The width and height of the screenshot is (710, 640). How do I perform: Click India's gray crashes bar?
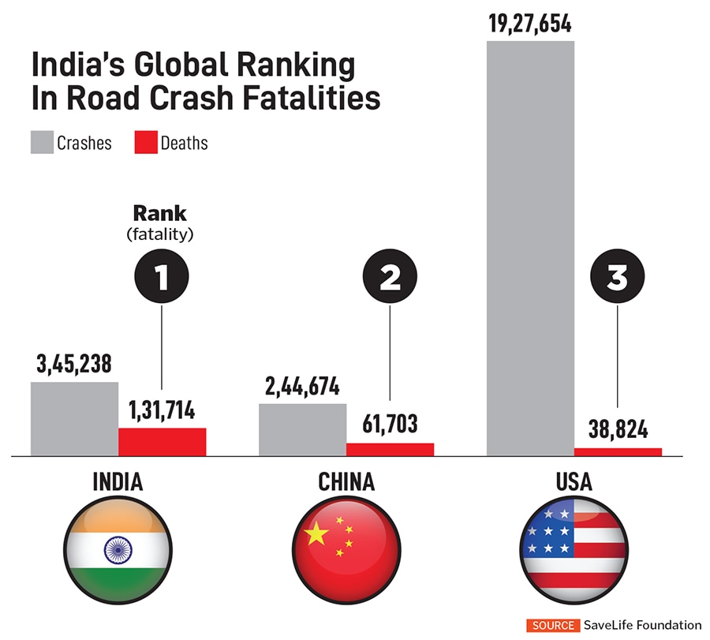click(74, 419)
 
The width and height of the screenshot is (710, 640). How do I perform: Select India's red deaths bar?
click(162, 442)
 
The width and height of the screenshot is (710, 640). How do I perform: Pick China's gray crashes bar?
click(302, 430)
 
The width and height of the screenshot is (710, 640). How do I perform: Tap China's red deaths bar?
click(390, 449)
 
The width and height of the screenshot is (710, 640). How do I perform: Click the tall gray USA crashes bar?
click(530, 248)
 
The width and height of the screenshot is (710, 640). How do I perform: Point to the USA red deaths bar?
click(618, 451)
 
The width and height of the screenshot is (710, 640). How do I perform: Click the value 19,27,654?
click(529, 23)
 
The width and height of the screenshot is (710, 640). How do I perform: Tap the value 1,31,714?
click(162, 412)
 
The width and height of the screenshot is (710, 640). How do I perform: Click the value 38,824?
click(618, 431)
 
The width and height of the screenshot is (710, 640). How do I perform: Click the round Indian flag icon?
click(118, 548)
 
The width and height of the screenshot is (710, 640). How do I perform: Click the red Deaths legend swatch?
click(145, 143)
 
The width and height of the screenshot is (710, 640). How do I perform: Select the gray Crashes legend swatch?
click(42, 143)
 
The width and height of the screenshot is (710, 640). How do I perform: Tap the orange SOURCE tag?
click(553, 625)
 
